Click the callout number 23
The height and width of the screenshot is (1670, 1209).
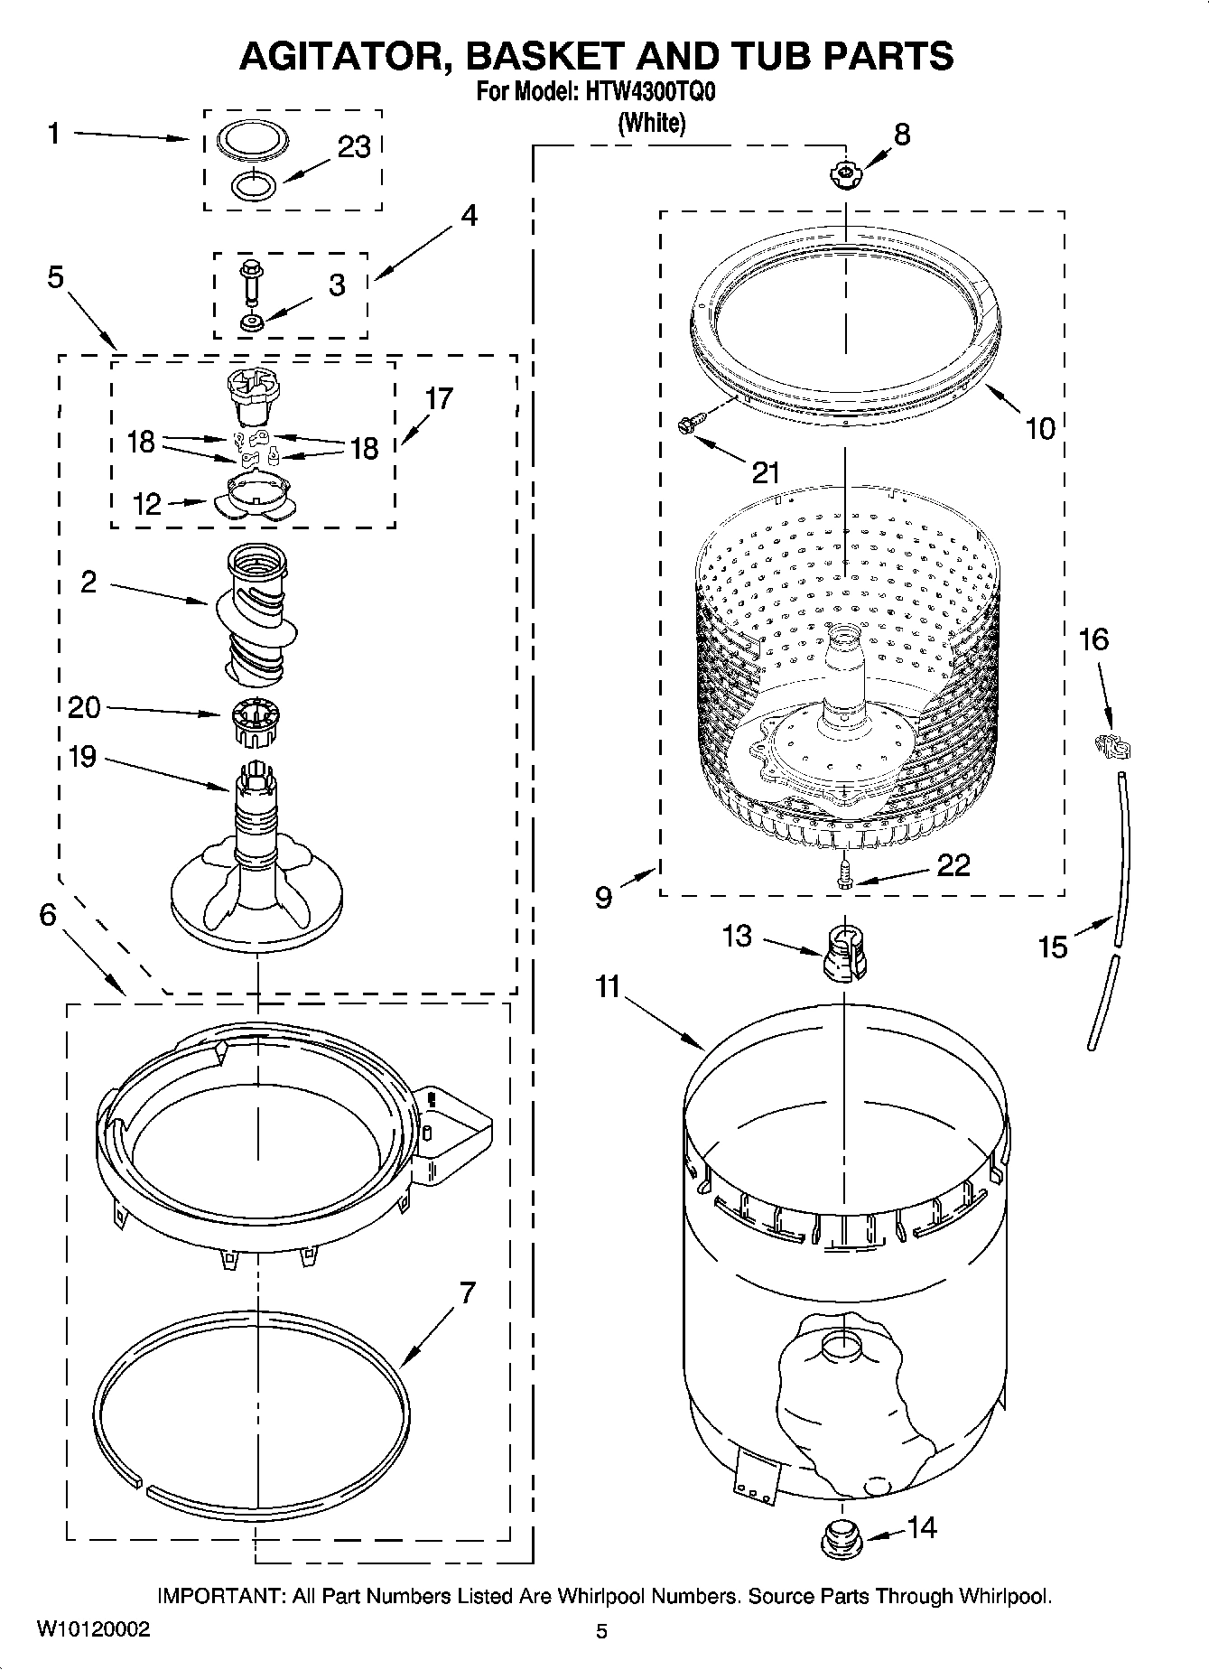tap(354, 147)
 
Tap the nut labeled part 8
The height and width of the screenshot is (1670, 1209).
tap(844, 173)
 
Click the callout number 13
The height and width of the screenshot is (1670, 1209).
tap(737, 936)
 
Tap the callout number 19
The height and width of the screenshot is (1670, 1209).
tap(82, 756)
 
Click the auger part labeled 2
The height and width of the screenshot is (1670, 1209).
tap(256, 614)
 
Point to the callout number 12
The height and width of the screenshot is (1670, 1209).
tap(146, 504)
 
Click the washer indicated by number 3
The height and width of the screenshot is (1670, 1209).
tap(251, 322)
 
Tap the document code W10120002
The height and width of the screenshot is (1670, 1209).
tap(94, 1629)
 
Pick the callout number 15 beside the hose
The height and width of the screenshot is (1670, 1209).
tap(1053, 947)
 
